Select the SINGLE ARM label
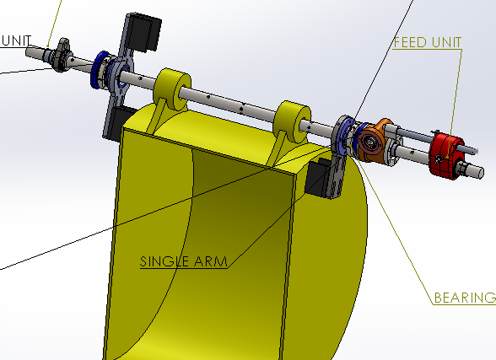click(x=184, y=261)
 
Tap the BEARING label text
click(x=464, y=298)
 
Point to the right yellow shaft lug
click(x=292, y=119)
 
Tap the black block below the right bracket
click(x=318, y=177)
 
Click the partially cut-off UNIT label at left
click(x=17, y=40)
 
